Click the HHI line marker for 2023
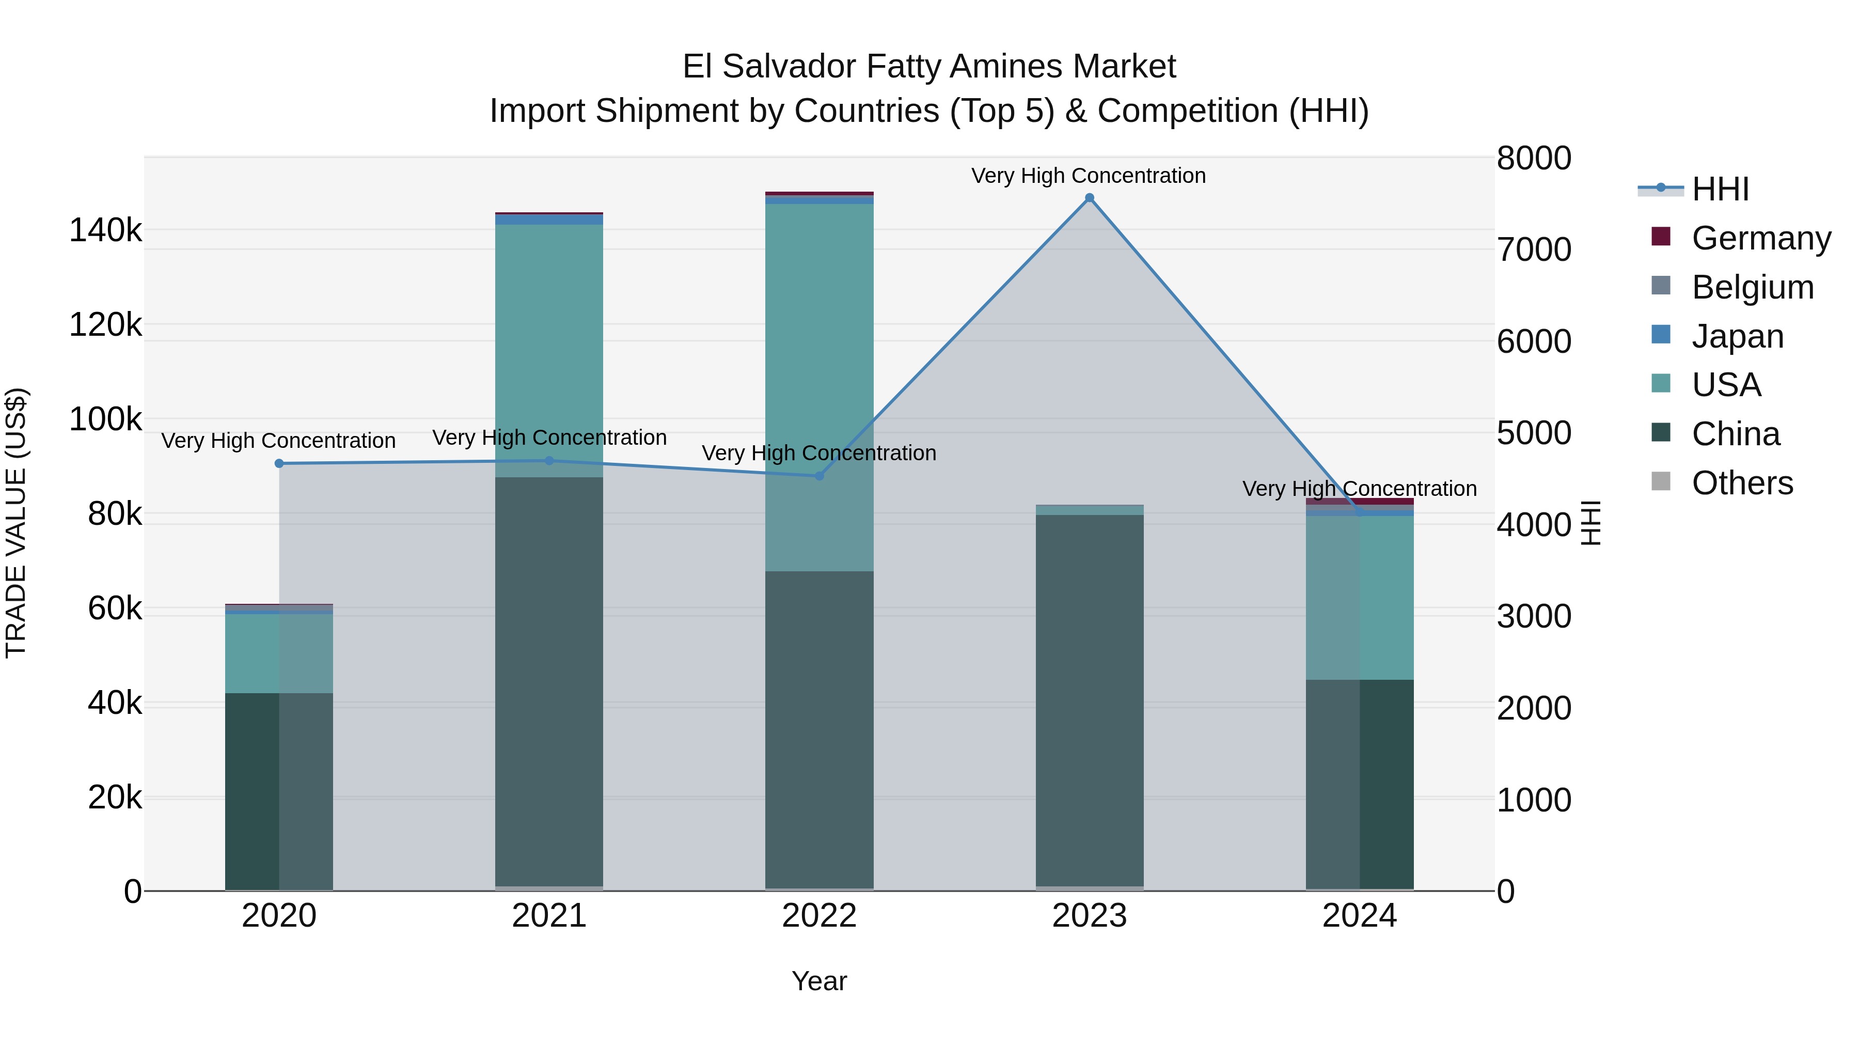1090,198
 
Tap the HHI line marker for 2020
279,463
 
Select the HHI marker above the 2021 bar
549,461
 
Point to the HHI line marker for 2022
819,476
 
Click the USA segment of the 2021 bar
549,347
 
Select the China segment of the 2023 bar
1090,700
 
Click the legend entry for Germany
1761,238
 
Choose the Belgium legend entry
1752,287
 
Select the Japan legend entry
1737,336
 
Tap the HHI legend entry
1720,189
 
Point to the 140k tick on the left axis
105,231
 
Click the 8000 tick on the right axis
1534,158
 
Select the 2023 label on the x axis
1090,916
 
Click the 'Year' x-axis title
819,981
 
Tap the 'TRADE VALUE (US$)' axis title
17,523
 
